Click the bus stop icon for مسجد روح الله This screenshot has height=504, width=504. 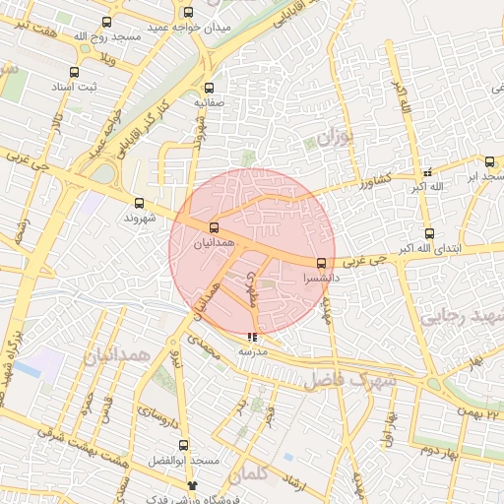106,22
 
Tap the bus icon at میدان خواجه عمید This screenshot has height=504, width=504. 188,13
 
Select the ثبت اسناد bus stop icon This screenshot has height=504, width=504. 75,72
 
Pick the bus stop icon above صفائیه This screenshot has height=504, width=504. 207,87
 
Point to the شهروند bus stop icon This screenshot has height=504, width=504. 138,203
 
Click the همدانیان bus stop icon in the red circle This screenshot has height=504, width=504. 215,227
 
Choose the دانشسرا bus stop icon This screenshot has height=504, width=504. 321,263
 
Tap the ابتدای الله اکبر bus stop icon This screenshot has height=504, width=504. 429,233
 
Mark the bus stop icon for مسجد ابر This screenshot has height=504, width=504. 487,160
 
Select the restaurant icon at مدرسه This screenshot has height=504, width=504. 251,337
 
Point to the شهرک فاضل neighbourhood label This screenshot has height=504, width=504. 348,377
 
